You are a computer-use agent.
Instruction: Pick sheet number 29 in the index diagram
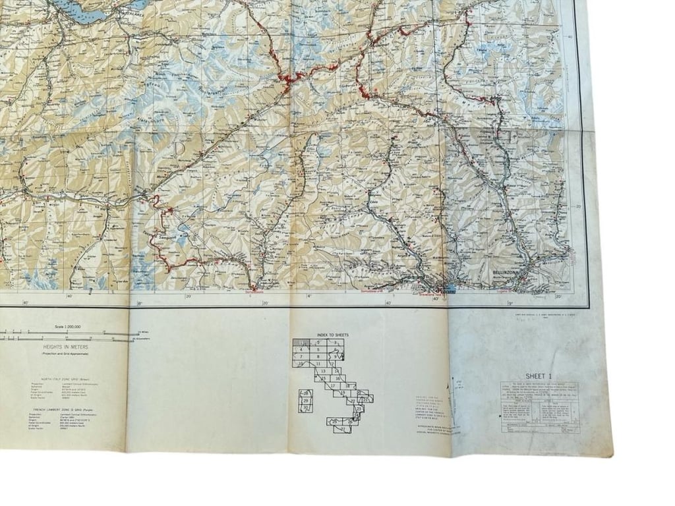tap(305, 401)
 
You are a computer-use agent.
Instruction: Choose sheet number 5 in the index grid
tap(318, 349)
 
